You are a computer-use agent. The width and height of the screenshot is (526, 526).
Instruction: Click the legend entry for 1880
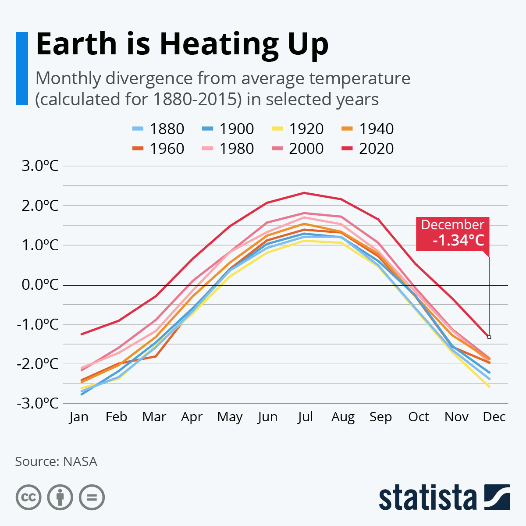click(158, 129)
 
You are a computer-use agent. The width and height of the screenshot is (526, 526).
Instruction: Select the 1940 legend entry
click(367, 129)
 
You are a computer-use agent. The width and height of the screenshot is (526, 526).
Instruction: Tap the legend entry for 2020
click(367, 149)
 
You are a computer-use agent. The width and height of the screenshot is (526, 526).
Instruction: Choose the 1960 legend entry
click(158, 149)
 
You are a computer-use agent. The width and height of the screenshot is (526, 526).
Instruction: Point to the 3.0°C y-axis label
click(40, 166)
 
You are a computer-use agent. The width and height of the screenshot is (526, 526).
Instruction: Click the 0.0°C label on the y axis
click(40, 285)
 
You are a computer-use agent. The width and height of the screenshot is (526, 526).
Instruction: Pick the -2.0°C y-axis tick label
click(38, 364)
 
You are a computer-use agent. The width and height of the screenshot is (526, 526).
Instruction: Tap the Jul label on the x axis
click(305, 416)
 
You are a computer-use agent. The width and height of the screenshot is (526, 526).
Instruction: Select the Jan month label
click(79, 416)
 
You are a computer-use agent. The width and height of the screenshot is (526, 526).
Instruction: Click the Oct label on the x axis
click(419, 416)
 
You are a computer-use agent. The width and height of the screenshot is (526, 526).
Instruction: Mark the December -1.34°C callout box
click(452, 234)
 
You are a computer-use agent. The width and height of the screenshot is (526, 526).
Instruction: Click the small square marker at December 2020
click(489, 337)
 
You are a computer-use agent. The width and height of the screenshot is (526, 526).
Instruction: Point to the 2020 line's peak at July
click(304, 193)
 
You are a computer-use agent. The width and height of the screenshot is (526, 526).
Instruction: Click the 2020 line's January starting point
click(82, 334)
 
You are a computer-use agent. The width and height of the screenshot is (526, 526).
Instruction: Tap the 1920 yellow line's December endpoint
click(489, 387)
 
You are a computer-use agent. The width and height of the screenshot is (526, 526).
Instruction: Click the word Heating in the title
click(219, 44)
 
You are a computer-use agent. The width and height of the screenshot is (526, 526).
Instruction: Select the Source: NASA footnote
click(56, 462)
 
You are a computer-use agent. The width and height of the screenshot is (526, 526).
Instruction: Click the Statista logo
click(444, 498)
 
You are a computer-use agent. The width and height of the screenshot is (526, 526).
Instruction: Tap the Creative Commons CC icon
click(28, 498)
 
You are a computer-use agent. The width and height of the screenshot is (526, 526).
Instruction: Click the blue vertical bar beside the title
click(22, 68)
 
